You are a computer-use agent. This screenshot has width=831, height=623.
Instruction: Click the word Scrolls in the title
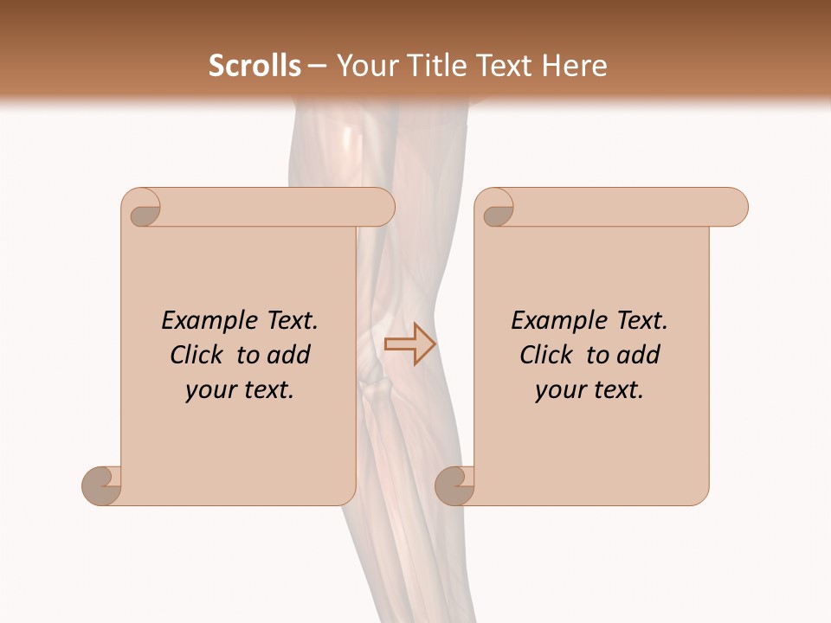pyautogui.click(x=254, y=66)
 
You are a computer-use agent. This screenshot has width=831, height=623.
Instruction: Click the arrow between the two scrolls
pyautogui.click(x=409, y=344)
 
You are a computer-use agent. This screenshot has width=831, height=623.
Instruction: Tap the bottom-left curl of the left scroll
pyautogui.click(x=102, y=485)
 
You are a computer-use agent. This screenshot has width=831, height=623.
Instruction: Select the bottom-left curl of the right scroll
pyautogui.click(x=455, y=485)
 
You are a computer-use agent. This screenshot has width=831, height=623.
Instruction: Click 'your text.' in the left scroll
pyautogui.click(x=240, y=389)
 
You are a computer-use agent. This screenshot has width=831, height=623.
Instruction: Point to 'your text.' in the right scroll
pyautogui.click(x=589, y=389)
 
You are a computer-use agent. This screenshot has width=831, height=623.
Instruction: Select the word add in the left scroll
pyautogui.click(x=290, y=355)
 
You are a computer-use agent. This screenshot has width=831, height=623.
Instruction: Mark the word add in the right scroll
pyautogui.click(x=640, y=355)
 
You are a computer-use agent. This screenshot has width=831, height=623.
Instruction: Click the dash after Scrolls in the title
pyautogui.click(x=317, y=67)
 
